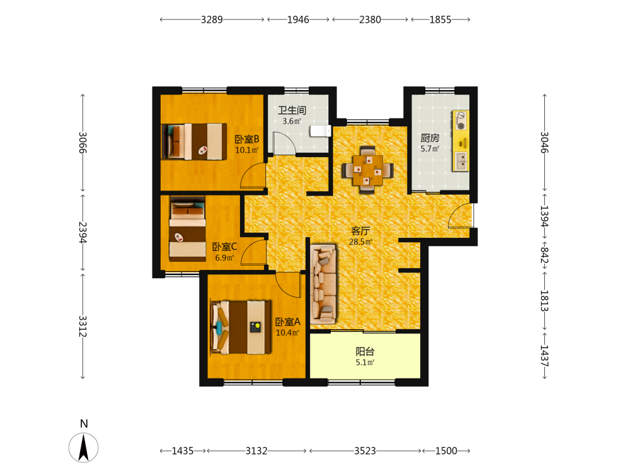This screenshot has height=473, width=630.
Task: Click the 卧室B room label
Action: click(247, 139)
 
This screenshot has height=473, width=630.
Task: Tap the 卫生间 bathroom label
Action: click(292, 110)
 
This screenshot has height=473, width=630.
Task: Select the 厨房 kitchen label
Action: click(430, 138)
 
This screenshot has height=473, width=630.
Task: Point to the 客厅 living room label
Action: click(360, 231)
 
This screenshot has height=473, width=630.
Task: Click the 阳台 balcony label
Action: click(365, 351)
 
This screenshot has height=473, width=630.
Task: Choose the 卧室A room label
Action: click(288, 322)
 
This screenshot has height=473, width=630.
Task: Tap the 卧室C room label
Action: click(225, 247)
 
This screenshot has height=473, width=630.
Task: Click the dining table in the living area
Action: click(368, 170)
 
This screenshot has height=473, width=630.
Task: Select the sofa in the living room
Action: click(323, 284)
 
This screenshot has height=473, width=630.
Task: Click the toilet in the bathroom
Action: click(320, 131)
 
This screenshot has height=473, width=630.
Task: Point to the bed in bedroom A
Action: click(241, 327)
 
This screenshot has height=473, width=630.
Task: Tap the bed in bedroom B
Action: click(194, 141)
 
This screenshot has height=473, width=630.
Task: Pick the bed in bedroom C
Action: click(188, 229)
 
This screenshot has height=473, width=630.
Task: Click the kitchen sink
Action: click(461, 161)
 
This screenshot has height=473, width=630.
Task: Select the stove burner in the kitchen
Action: click(461, 120)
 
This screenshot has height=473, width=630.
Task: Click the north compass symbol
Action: click(84, 447)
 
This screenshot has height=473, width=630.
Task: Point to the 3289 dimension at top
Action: click(212, 20)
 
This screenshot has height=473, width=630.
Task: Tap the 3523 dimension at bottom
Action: click(365, 451)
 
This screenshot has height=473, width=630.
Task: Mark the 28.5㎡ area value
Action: click(360, 242)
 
